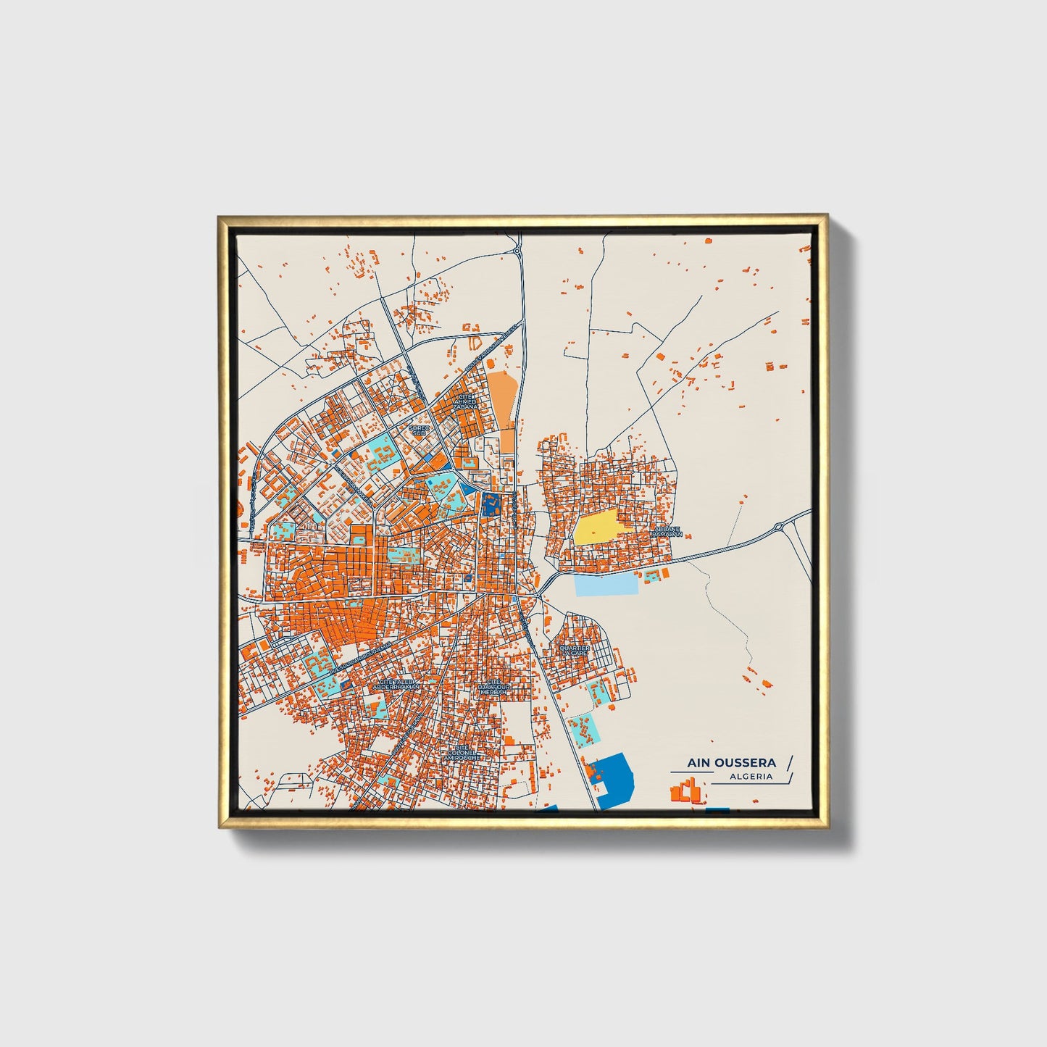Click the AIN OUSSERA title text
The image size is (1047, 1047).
click(x=732, y=762)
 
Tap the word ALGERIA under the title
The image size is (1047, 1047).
click(x=751, y=777)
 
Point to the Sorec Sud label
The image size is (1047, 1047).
click(x=420, y=430)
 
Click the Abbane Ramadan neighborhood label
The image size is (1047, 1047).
click(x=667, y=532)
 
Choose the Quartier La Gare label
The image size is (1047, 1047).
click(x=575, y=650)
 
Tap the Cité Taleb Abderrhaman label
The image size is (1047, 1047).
click(x=396, y=684)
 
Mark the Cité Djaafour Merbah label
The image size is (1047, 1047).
click(x=495, y=687)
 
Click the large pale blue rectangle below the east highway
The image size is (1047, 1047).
click(x=607, y=583)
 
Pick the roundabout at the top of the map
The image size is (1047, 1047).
click(x=518, y=251)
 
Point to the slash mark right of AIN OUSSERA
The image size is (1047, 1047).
click(x=790, y=762)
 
